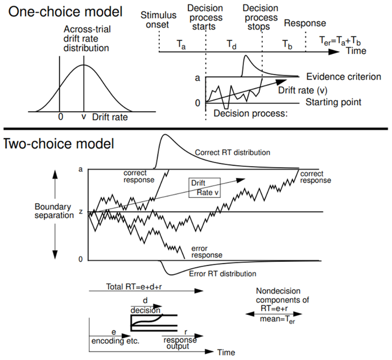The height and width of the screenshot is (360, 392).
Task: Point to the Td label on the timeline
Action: pyautogui.click(x=232, y=44)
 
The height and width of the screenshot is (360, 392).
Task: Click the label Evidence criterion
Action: pyautogui.click(x=343, y=77)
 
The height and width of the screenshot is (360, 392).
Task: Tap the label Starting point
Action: pyautogui.click(x=333, y=102)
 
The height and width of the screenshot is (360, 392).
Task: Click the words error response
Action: pyautogui.click(x=206, y=252)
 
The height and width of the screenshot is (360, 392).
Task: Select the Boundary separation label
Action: pyautogui.click(x=55, y=211)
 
